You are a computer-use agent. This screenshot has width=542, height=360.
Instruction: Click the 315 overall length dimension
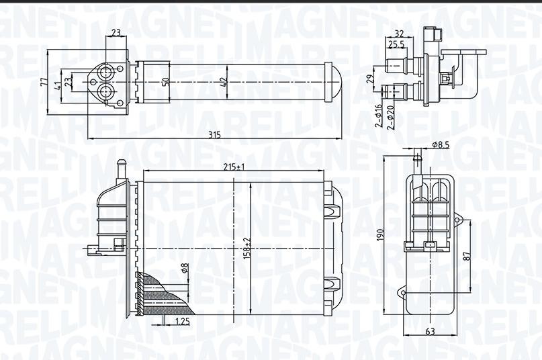(214, 135)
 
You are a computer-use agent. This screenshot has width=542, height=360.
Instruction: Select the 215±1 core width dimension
(233, 167)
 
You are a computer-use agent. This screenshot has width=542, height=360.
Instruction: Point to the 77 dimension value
(43, 83)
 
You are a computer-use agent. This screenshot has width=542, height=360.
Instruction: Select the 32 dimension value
(399, 33)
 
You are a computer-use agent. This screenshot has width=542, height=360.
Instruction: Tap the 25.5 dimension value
(396, 45)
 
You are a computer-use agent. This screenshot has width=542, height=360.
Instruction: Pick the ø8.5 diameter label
(441, 144)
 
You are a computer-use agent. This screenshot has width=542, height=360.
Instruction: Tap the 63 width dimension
(429, 331)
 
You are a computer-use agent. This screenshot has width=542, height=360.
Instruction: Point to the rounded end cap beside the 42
(333, 82)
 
